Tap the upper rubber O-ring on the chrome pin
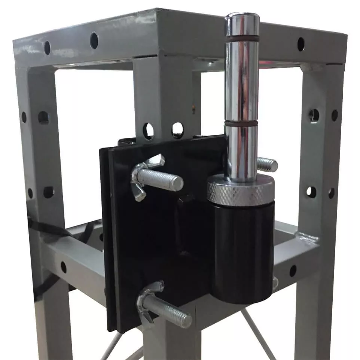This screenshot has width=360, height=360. tap(242, 38)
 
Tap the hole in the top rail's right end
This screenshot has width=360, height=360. tap(300, 44)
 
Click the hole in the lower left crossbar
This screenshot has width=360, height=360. tap(64, 267)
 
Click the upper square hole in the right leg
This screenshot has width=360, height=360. tap(314, 115)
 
